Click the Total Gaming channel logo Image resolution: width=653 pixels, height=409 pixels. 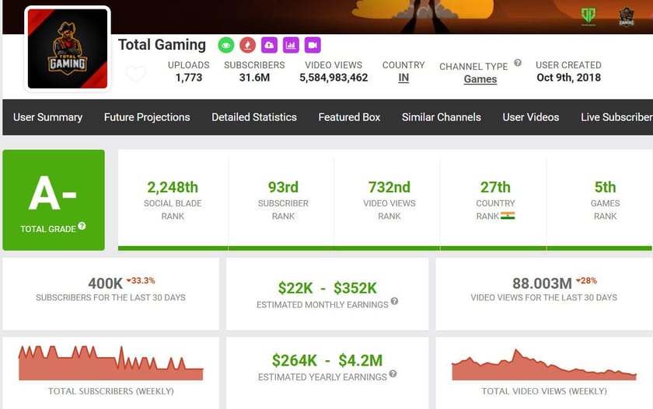point(68,48)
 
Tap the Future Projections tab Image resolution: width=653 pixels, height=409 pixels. point(147,117)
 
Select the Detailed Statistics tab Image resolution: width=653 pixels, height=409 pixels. point(254,117)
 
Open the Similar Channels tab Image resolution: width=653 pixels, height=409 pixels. point(442,117)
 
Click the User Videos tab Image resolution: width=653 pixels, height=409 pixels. point(531,117)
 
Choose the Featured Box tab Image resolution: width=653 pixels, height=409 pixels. point(349,117)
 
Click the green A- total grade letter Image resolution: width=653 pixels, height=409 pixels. point(53,193)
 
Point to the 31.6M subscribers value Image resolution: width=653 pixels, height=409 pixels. point(254,78)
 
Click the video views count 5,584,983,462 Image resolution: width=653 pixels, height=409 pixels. point(333,78)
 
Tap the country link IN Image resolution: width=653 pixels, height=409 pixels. point(403,78)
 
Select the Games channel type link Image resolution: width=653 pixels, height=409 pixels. point(480,79)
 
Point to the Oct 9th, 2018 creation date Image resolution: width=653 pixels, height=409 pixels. point(568,78)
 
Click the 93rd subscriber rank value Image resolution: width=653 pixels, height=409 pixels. point(283,187)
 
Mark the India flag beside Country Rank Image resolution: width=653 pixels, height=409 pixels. point(508,216)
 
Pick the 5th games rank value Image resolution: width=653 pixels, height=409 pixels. point(605,187)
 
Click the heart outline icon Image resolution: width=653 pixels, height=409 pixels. point(136,74)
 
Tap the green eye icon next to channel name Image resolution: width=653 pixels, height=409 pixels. point(225,45)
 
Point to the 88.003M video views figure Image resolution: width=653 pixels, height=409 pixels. point(542,283)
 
